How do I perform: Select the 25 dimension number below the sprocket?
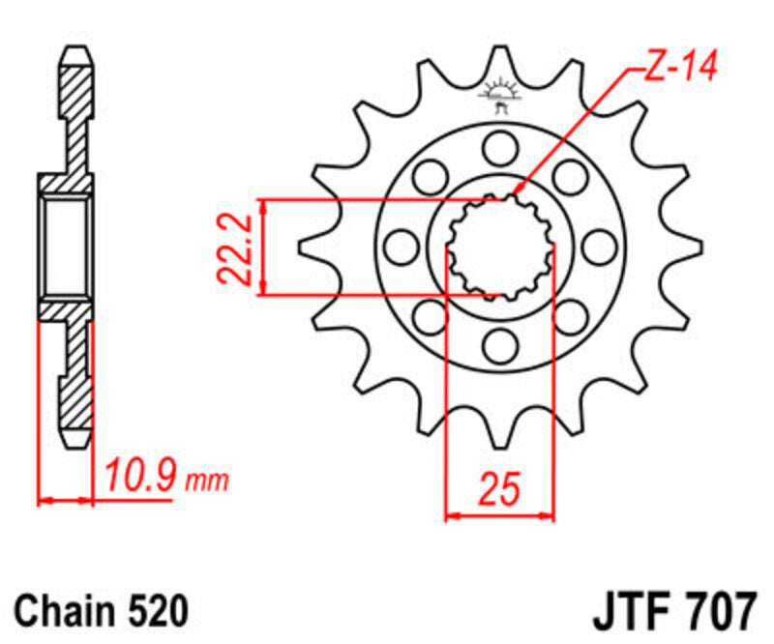point(499,489)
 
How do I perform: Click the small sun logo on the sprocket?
point(500,95)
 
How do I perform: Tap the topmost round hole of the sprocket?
point(500,148)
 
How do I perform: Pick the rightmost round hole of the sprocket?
point(600,247)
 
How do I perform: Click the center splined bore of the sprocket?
point(500,247)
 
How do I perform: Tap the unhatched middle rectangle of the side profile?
point(68,247)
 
